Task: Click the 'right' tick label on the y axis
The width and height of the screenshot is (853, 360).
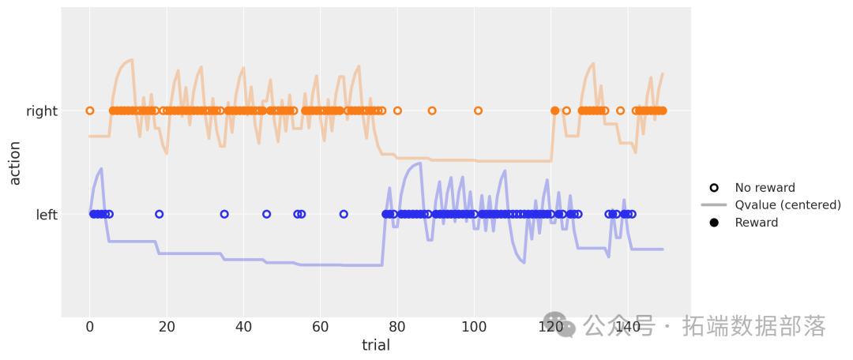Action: click(x=41, y=111)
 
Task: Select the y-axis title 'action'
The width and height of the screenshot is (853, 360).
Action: click(x=15, y=163)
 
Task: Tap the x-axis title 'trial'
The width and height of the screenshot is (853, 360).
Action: click(x=376, y=345)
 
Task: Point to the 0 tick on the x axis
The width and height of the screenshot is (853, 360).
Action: click(x=90, y=328)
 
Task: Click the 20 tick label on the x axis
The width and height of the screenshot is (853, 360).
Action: click(x=167, y=328)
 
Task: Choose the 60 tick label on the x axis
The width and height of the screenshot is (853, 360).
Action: click(x=321, y=328)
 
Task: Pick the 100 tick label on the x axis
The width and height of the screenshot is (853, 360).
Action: click(x=474, y=328)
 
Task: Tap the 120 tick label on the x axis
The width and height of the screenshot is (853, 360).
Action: click(x=551, y=328)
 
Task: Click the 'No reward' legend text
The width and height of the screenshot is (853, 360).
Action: click(x=765, y=188)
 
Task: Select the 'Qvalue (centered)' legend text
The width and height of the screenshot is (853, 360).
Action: click(x=787, y=205)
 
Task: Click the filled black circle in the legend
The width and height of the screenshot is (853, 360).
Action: click(x=714, y=223)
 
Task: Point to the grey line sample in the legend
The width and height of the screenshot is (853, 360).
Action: click(x=714, y=205)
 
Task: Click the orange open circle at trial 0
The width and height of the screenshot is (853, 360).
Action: click(x=90, y=111)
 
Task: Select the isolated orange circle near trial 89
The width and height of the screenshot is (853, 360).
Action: click(x=432, y=111)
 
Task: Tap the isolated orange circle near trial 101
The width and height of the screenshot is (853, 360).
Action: click(x=478, y=111)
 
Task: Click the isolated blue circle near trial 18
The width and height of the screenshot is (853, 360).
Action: click(x=159, y=214)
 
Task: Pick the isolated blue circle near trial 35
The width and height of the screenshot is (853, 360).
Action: click(x=224, y=214)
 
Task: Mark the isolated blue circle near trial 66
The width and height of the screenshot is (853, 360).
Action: click(x=344, y=214)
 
